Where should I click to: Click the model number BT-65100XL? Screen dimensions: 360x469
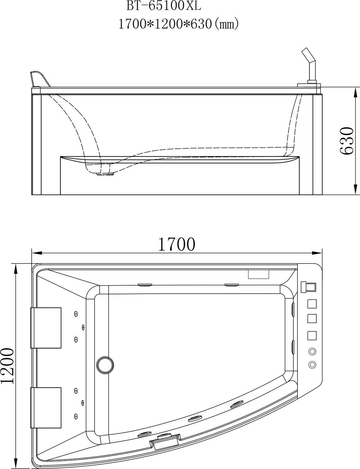coord(164,6)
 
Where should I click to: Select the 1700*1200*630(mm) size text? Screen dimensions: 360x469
coord(179,24)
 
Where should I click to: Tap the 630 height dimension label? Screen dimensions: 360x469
coord(347,141)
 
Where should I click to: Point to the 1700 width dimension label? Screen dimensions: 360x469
coord(177,244)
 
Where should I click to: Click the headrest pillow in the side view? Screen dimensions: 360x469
coord(40,79)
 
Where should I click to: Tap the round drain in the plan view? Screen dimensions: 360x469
coord(105,365)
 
